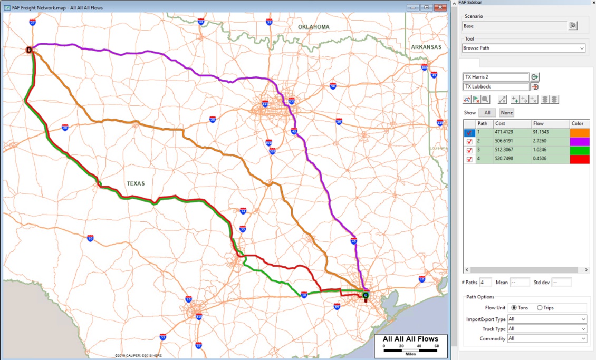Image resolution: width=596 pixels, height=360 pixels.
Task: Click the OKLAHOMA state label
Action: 313,27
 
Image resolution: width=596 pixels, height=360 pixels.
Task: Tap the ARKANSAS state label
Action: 426,47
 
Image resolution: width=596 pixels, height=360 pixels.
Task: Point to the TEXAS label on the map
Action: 136,183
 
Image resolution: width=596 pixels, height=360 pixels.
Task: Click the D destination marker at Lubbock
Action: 29,50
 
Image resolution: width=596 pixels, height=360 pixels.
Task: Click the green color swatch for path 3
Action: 580,150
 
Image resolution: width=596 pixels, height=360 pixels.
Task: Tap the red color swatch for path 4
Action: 580,159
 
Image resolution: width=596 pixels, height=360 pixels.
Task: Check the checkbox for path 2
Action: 469,142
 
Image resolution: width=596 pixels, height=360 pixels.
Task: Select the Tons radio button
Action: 514,308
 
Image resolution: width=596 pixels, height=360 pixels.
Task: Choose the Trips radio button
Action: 540,308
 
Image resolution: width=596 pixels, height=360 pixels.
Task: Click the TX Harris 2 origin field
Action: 496,77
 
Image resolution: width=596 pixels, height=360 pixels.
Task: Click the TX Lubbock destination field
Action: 496,86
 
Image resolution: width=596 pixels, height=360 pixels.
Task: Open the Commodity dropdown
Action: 547,338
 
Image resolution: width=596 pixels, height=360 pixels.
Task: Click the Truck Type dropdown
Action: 547,329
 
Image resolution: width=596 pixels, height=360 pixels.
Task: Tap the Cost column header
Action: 511,123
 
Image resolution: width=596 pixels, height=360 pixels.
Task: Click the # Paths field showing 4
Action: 485,283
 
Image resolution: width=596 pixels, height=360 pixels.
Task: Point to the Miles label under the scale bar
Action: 410,354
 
